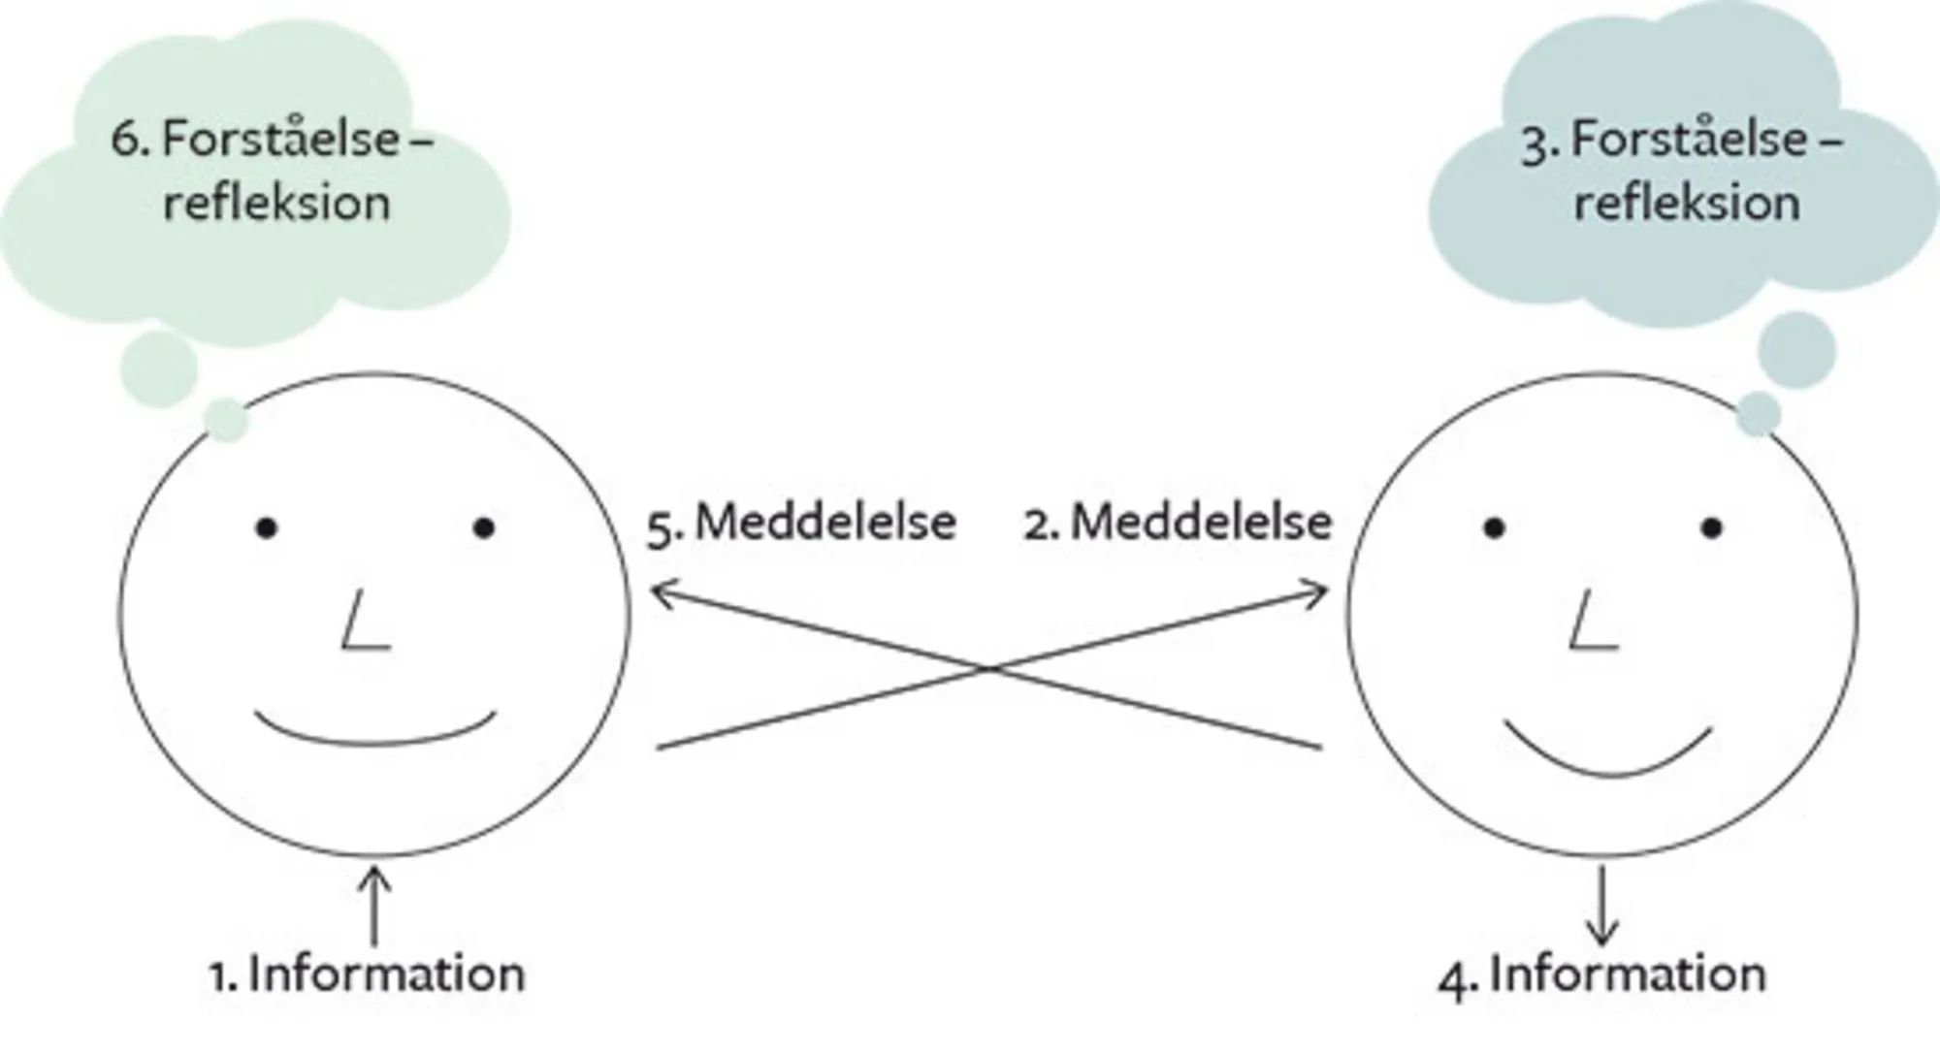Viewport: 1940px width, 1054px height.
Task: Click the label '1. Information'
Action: coord(368,974)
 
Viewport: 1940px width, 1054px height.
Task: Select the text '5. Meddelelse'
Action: coord(802,524)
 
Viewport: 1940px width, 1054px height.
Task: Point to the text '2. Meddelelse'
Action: coord(1178,524)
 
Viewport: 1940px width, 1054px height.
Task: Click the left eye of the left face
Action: coord(267,528)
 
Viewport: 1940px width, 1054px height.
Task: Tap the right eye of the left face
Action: coord(484,528)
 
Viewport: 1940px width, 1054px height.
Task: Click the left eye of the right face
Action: coord(1495,528)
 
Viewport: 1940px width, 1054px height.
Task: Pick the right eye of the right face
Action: coord(1712,528)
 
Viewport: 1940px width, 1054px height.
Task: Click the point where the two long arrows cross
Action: coord(988,668)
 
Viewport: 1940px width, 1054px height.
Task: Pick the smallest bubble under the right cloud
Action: coord(1758,414)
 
